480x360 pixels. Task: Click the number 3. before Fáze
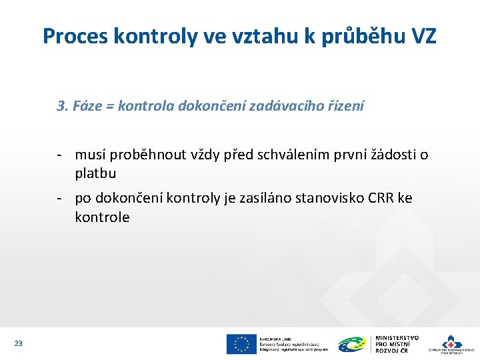pos(63,105)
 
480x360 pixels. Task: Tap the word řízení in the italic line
pos(344,105)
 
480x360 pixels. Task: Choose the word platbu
pos(95,173)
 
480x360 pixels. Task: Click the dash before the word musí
pos(60,155)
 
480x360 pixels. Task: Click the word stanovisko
pos(321,198)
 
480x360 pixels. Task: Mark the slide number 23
pos(18,343)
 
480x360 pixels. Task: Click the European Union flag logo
pos(241,344)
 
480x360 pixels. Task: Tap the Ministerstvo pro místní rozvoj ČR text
pos(397,344)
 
